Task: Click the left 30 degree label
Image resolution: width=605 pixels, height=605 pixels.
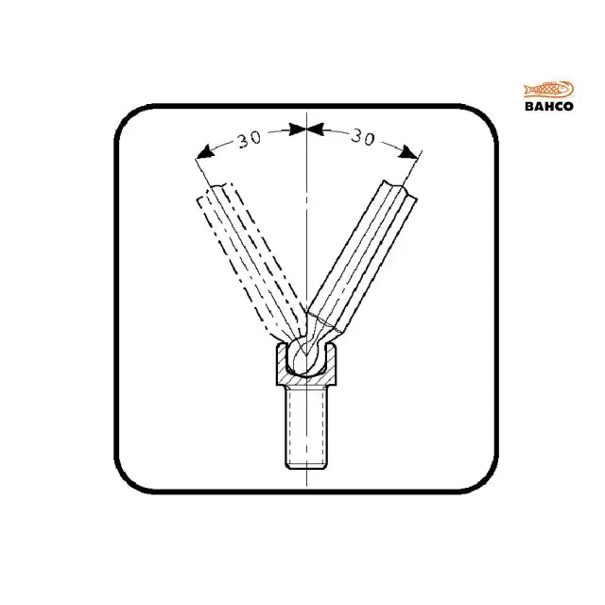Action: (x=249, y=139)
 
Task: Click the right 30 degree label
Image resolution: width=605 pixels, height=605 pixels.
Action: (x=362, y=138)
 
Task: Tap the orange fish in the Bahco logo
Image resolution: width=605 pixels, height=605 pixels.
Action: (x=548, y=91)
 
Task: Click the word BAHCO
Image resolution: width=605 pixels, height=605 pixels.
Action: (x=548, y=106)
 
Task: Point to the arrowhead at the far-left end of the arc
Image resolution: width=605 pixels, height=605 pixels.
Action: (x=201, y=152)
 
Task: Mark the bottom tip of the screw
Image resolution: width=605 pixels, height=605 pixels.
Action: (x=308, y=465)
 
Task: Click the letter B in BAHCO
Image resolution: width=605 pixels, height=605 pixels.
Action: (x=529, y=106)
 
